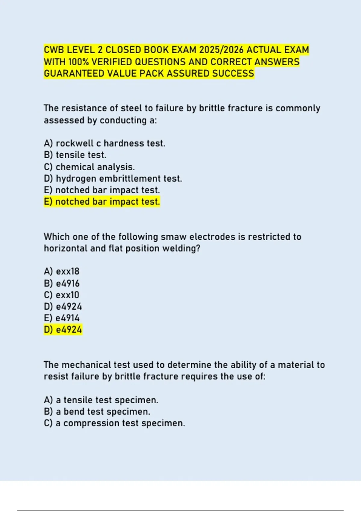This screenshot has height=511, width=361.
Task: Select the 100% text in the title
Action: click(x=79, y=62)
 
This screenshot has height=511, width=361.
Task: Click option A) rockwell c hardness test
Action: click(x=104, y=143)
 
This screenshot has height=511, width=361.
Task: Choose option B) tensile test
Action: click(x=75, y=155)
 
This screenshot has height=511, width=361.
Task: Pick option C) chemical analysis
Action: click(x=89, y=167)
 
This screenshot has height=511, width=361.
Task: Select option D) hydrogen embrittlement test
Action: click(x=113, y=179)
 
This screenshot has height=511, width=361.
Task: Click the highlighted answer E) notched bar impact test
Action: click(x=102, y=202)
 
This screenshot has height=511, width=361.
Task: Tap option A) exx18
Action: click(x=61, y=271)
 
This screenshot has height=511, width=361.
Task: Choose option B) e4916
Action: click(x=61, y=283)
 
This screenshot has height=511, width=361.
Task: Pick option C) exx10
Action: click(x=61, y=295)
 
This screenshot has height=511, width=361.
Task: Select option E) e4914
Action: click(x=61, y=318)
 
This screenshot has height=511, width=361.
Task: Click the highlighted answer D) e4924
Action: click(x=63, y=330)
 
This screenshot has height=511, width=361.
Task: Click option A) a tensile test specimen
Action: click(x=101, y=400)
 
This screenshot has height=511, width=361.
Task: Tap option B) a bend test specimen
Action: click(x=97, y=412)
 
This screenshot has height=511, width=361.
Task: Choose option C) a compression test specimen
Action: click(x=114, y=423)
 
